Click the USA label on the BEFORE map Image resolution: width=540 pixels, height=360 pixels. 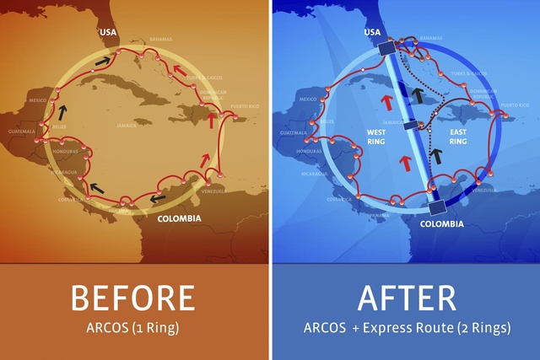108,34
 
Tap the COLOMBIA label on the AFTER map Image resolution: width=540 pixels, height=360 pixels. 440,224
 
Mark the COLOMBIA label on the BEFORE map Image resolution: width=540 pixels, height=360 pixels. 179,218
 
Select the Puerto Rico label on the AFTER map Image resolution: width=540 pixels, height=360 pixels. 514,105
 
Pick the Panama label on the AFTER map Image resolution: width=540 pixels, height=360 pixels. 386,215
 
